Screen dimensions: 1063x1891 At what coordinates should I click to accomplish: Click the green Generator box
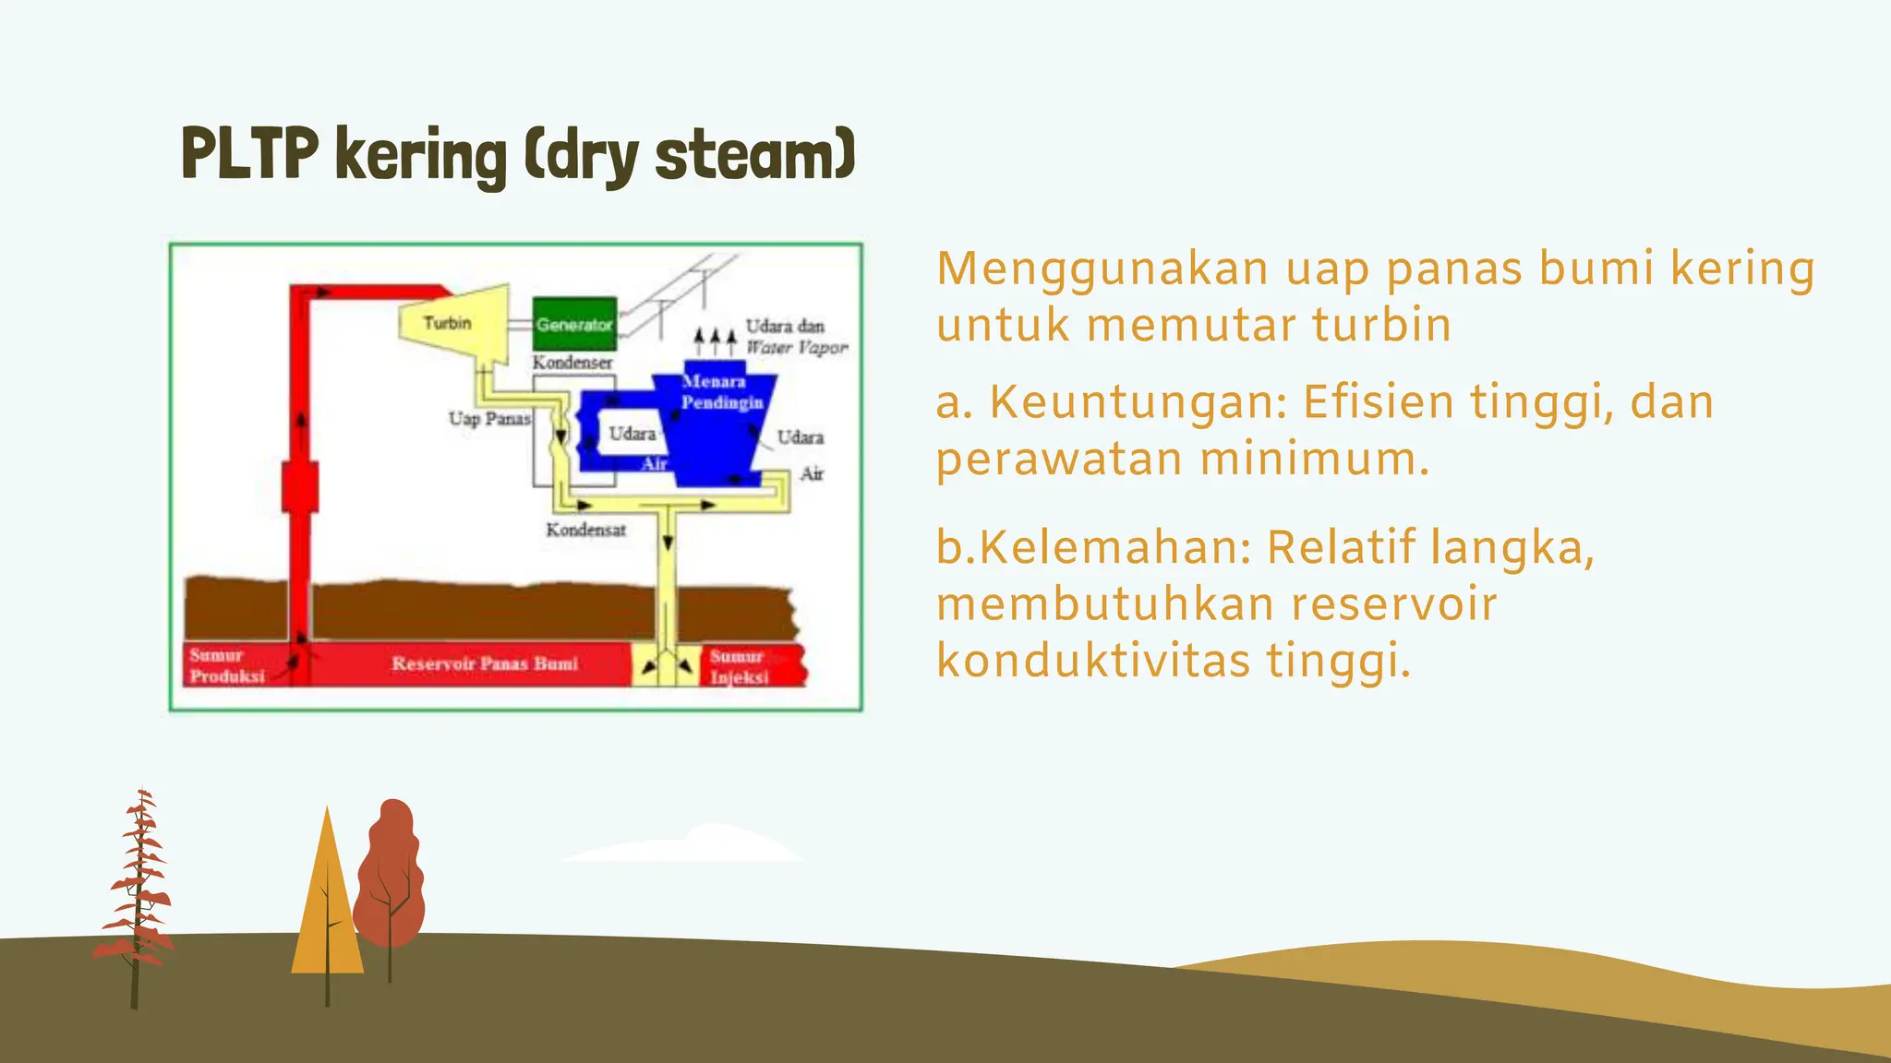point(574,324)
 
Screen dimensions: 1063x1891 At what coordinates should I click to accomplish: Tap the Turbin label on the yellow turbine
point(447,323)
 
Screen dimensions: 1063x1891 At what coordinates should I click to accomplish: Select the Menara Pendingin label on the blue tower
point(721,392)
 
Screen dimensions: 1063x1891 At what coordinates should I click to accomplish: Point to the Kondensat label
point(585,530)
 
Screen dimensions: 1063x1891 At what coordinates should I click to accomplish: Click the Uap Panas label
point(489,419)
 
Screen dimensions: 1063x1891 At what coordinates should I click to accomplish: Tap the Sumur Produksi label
point(226,665)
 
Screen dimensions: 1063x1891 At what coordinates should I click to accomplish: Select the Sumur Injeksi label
point(738,666)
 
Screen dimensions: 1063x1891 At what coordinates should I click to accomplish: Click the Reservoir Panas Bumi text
point(485,663)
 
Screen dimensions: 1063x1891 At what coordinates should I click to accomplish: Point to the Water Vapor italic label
point(796,348)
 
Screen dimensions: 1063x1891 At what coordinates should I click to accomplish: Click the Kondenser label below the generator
point(572,363)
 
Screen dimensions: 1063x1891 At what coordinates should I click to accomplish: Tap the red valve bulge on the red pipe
point(299,486)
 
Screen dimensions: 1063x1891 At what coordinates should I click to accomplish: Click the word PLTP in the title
point(249,153)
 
